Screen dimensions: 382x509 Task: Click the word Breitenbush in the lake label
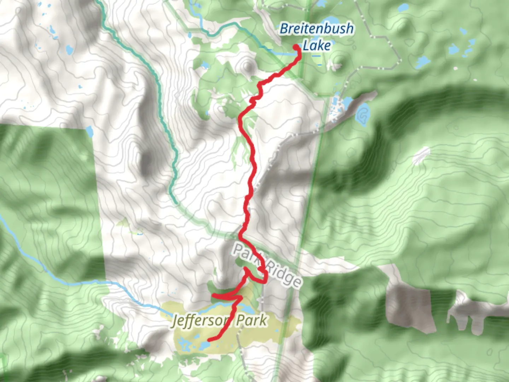(x=316, y=29)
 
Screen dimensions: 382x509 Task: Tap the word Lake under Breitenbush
(x=317, y=46)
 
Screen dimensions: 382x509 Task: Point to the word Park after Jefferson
(x=251, y=320)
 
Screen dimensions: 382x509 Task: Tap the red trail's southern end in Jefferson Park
(x=209, y=340)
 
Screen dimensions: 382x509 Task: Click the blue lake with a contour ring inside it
(x=362, y=114)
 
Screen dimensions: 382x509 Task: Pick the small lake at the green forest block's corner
(x=89, y=132)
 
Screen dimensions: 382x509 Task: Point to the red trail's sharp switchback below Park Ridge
(x=265, y=281)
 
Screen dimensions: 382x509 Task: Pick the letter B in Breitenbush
(x=285, y=29)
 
